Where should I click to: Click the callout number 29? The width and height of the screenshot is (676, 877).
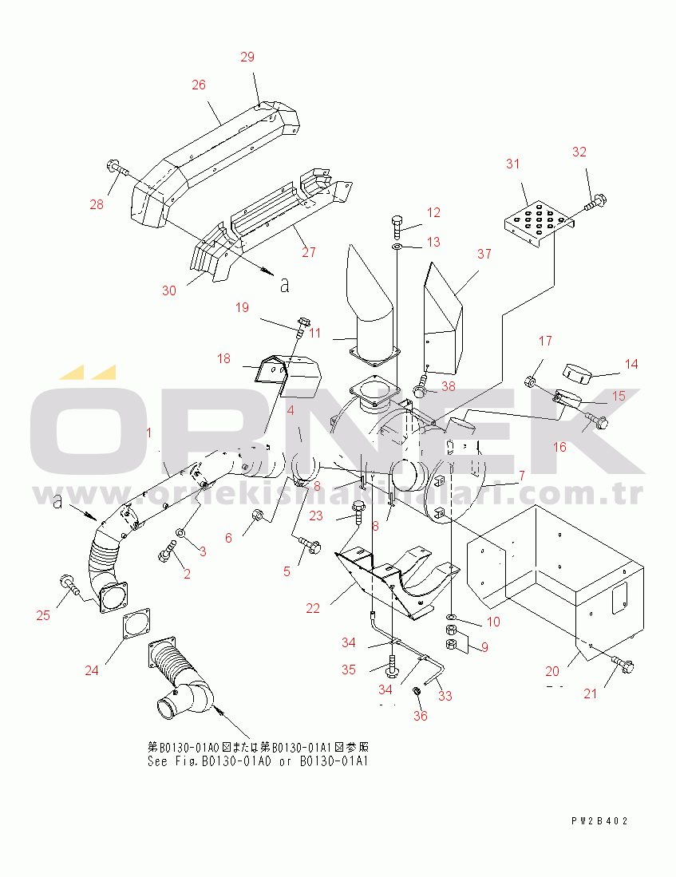pyautogui.click(x=247, y=57)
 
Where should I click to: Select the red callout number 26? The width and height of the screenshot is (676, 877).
pyautogui.click(x=199, y=84)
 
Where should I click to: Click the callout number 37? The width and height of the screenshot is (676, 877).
pyautogui.click(x=484, y=254)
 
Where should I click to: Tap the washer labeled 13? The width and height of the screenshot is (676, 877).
pyautogui.click(x=397, y=247)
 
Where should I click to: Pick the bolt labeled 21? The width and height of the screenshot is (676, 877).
pyautogui.click(x=622, y=664)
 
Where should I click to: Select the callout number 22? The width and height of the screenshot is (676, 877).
pyautogui.click(x=313, y=608)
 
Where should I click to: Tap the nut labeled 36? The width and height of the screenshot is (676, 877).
pyautogui.click(x=417, y=689)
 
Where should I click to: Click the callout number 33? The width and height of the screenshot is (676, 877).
pyautogui.click(x=445, y=696)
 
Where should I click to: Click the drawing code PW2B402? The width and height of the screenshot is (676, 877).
pyautogui.click(x=599, y=820)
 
